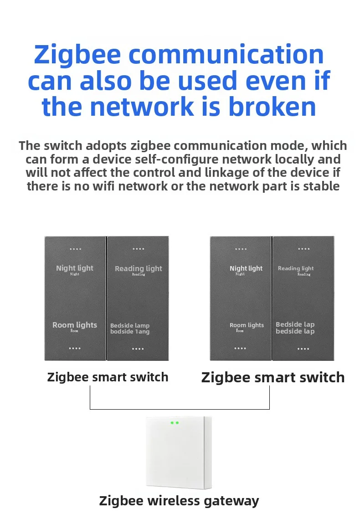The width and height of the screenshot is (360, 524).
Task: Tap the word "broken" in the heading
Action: (x=272, y=107)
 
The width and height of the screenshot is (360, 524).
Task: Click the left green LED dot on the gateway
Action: (x=172, y=423)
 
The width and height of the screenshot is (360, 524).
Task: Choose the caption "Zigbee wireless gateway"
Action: (x=179, y=501)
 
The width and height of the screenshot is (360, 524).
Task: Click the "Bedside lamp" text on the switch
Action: (x=130, y=325)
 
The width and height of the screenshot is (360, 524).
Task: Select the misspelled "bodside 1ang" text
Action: (x=130, y=332)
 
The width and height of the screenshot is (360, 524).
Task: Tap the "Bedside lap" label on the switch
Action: (x=295, y=324)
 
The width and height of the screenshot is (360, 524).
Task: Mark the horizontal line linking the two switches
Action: (x=180, y=409)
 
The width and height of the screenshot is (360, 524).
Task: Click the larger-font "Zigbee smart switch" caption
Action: (x=273, y=377)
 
